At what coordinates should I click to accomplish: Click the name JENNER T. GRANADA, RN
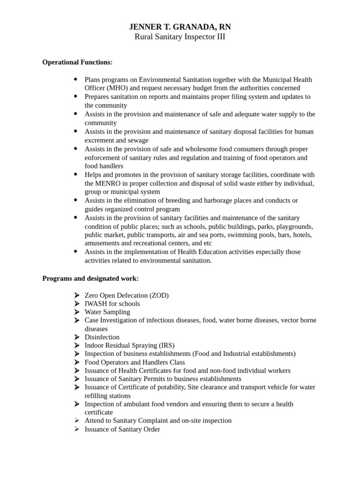(x=180, y=27)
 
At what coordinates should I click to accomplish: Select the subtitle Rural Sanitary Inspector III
(x=180, y=37)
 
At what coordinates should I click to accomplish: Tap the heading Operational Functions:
(x=77, y=62)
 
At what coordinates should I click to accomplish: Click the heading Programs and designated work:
(x=90, y=278)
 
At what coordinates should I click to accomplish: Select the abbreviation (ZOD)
(x=159, y=295)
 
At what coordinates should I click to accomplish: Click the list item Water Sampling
(x=107, y=312)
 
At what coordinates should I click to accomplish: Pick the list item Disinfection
(x=102, y=337)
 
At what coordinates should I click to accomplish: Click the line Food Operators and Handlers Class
(x=135, y=362)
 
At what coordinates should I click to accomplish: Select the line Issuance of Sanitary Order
(x=122, y=429)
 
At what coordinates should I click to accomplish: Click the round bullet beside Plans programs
(x=75, y=79)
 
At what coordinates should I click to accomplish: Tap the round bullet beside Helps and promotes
(x=75, y=174)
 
